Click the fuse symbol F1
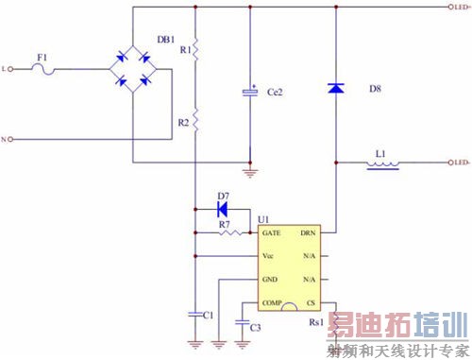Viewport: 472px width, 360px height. pyautogui.click(x=42, y=69)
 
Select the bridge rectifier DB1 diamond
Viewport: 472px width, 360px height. pyautogui.click(x=133, y=69)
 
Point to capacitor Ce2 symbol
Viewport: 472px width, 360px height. pyautogui.click(x=250, y=91)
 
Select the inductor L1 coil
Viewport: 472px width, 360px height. pyautogui.click(x=381, y=164)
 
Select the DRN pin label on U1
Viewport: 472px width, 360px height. pyautogui.click(x=308, y=232)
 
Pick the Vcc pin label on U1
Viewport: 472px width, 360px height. pyautogui.click(x=269, y=256)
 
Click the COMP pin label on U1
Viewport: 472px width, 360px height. pyautogui.click(x=273, y=303)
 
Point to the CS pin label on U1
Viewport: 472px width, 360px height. pyautogui.click(x=311, y=303)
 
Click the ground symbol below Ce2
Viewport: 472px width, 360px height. pyautogui.click(x=250, y=172)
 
